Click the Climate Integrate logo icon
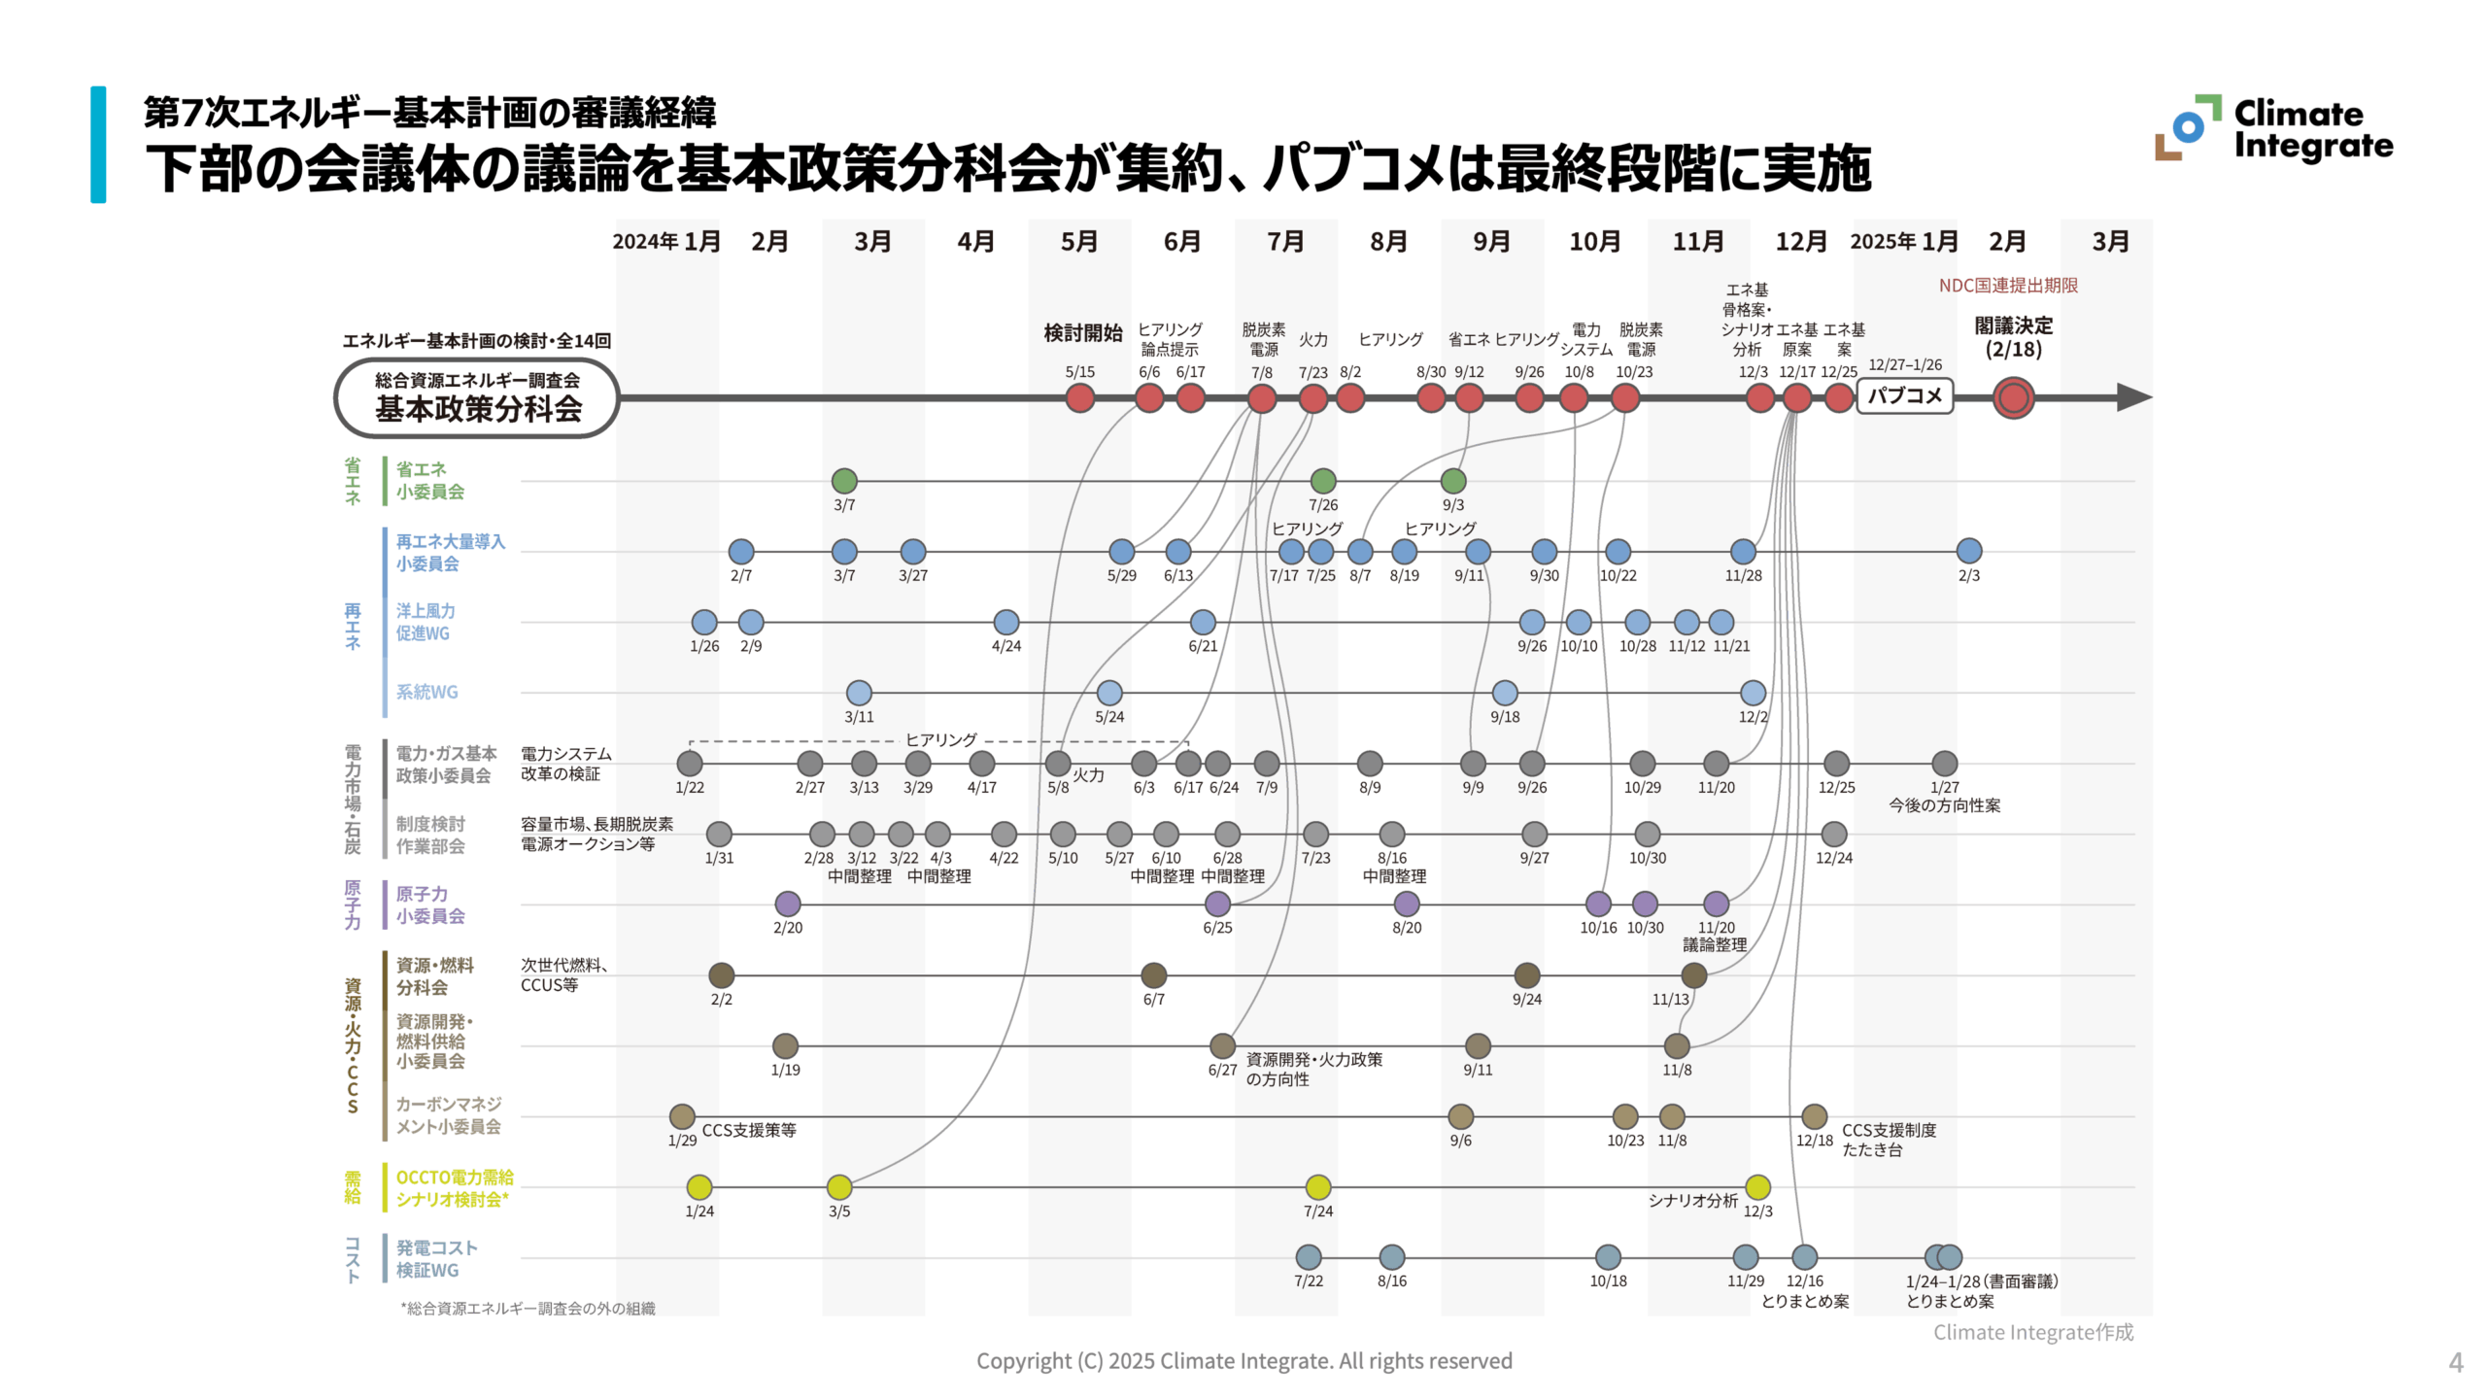pos(2187,127)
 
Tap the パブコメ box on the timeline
pos(1904,396)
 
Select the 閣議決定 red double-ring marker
pos(2013,397)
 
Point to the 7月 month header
pos(1285,241)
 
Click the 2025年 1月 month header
pos(1903,241)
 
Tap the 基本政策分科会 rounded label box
pos(477,398)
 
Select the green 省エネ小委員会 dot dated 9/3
pos(1452,480)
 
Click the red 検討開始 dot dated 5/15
pos(1079,397)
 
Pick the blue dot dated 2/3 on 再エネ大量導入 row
pos(1968,551)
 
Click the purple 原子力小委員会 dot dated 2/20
pos(788,904)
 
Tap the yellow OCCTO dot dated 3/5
pos(839,1186)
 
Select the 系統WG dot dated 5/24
pos(1109,693)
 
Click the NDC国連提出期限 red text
pos(2007,286)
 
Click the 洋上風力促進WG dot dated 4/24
pos(1005,622)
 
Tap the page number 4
pos(2455,1362)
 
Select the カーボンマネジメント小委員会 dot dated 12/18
pos(1814,1116)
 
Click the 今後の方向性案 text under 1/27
pos(1944,805)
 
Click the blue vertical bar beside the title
pos(98,144)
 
